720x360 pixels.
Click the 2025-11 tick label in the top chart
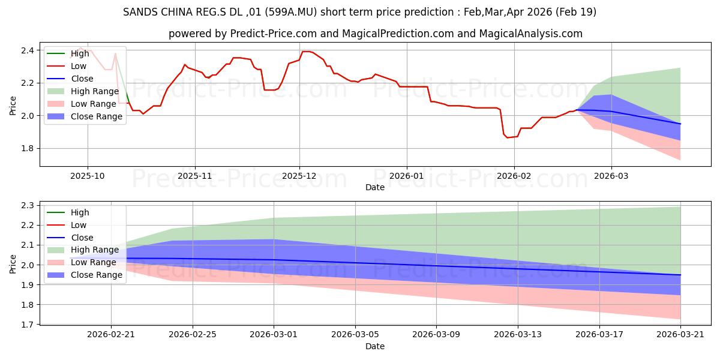195,176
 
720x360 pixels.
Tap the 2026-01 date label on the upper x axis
407,176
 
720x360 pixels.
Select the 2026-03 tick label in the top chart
611,176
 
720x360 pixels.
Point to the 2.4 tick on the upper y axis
28,50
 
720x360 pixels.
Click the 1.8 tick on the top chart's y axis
28,149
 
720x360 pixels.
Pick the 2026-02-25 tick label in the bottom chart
193,335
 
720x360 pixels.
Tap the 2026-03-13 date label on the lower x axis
518,335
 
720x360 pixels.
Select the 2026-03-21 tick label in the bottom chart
680,335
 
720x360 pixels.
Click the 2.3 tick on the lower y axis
28,205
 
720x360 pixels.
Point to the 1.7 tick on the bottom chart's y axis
28,325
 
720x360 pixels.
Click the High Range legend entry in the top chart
83,91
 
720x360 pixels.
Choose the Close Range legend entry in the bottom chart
85,275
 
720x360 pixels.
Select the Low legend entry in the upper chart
67,66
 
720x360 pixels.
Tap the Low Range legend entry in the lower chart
82,262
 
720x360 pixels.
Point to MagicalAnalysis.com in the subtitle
530,34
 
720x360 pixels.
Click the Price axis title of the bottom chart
13,264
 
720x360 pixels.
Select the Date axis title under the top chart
375,187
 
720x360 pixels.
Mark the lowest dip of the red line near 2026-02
508,137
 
